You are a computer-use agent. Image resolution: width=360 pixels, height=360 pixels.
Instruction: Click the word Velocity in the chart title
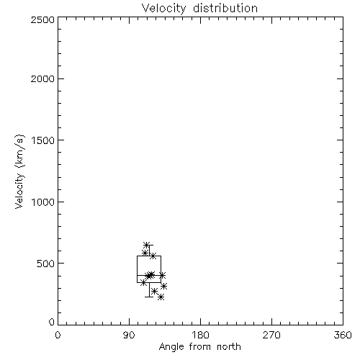click(163, 9)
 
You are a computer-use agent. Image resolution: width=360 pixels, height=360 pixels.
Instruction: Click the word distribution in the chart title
click(225, 8)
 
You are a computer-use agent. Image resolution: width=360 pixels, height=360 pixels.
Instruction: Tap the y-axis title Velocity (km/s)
click(19, 171)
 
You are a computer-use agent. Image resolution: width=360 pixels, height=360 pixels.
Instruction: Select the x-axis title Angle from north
click(199, 347)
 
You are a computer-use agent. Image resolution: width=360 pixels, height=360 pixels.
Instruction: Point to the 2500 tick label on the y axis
click(42, 19)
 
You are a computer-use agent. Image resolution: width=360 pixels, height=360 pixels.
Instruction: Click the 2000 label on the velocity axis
click(42, 79)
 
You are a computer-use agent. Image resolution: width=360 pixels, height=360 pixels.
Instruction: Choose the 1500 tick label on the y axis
click(43, 140)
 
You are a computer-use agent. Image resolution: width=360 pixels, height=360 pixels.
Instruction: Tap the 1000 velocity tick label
click(43, 202)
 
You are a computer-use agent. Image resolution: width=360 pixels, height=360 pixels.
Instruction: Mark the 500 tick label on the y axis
click(46, 264)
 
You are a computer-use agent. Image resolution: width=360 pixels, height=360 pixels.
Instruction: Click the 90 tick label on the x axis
click(129, 335)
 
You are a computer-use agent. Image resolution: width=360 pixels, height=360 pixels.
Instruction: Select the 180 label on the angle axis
click(200, 335)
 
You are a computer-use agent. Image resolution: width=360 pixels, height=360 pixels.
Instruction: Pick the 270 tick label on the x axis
click(271, 335)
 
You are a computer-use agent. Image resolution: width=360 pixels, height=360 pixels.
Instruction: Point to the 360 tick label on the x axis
click(343, 335)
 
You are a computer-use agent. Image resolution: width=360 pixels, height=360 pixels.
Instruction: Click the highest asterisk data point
click(146, 245)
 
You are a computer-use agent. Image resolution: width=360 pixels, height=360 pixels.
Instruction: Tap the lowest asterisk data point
click(161, 297)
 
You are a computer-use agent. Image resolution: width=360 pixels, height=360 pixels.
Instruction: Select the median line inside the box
click(149, 275)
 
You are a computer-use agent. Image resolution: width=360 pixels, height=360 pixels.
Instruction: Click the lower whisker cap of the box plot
click(149, 297)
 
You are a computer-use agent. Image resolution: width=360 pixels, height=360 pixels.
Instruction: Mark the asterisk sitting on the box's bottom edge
click(143, 282)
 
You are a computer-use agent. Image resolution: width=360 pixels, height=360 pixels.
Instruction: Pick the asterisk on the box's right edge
click(162, 275)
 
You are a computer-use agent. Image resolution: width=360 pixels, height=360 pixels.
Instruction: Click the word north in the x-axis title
click(229, 346)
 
